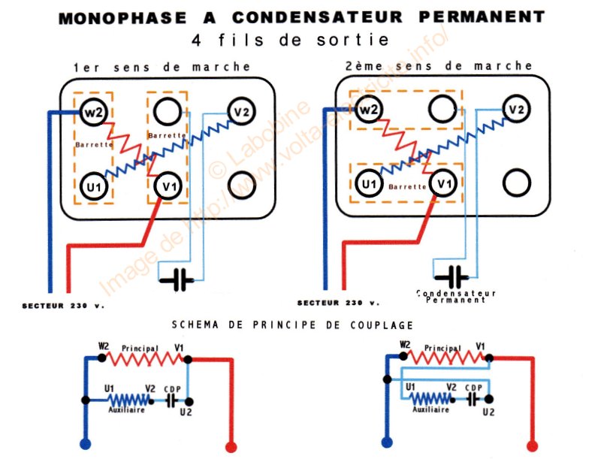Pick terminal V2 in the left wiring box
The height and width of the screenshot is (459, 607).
[x=241, y=113]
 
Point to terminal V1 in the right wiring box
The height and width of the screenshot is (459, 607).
[x=443, y=183]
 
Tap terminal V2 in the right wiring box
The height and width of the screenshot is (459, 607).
[x=516, y=110]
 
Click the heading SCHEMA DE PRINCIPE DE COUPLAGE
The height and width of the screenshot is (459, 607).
[x=291, y=325]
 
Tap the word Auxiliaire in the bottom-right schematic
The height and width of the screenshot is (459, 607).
[x=430, y=410]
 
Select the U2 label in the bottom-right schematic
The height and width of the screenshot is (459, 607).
[x=489, y=412]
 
